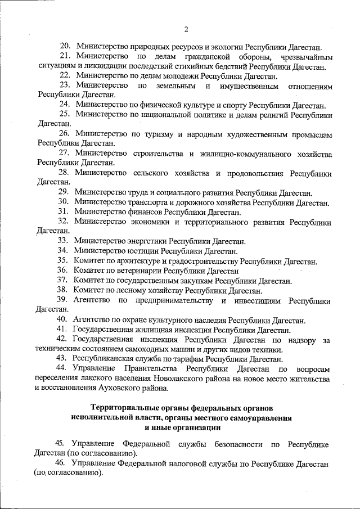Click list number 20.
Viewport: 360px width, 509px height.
point(65,47)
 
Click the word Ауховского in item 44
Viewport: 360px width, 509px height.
point(111,388)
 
